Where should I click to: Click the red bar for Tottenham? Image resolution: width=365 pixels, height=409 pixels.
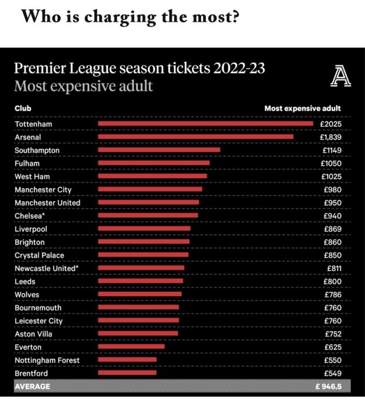(x=205, y=124)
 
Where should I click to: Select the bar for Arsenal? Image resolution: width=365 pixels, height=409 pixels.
(x=196, y=137)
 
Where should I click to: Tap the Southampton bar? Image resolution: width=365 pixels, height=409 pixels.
(x=159, y=150)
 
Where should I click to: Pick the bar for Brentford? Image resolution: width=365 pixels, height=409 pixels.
(x=127, y=373)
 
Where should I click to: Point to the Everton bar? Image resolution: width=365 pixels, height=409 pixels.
(x=131, y=347)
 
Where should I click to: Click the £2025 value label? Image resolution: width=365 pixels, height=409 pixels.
(x=331, y=124)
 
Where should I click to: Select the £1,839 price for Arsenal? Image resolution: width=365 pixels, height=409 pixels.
(x=330, y=137)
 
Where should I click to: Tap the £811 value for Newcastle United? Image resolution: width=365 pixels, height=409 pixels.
(x=334, y=268)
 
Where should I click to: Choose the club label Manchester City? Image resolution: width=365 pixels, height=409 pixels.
(x=43, y=190)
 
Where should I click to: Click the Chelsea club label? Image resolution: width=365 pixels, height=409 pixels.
(x=30, y=216)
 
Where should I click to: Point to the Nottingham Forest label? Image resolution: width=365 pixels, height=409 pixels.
(x=47, y=360)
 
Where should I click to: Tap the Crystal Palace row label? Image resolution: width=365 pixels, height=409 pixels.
(x=39, y=255)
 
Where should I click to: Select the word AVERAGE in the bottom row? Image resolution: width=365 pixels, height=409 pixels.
(x=32, y=386)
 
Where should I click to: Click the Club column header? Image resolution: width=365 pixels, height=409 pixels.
(x=23, y=108)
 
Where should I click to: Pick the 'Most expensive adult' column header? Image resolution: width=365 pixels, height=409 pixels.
(x=302, y=108)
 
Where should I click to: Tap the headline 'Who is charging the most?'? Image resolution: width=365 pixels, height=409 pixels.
(x=131, y=17)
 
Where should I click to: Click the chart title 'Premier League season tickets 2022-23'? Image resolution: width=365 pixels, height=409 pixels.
(x=140, y=69)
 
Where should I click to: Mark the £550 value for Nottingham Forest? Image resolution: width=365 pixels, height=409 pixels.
(x=332, y=360)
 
